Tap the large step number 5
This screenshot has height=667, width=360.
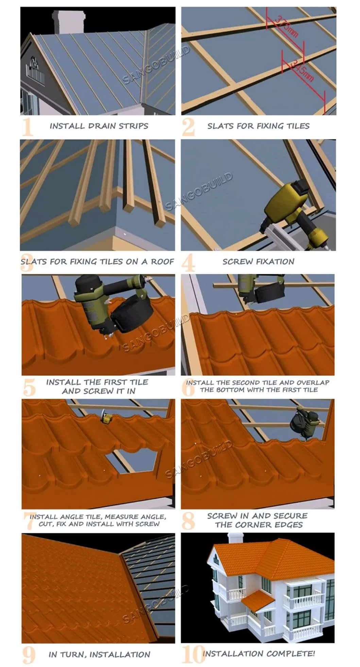(29, 388)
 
